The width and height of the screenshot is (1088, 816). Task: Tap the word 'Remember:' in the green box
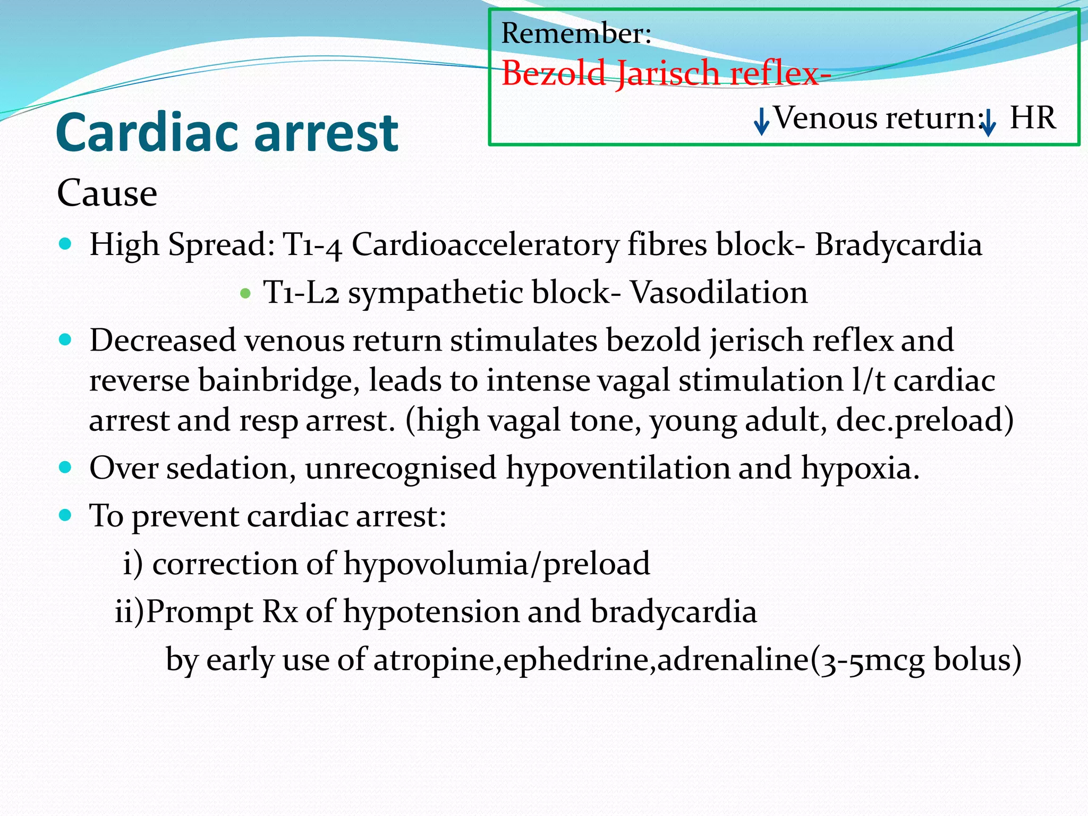576,33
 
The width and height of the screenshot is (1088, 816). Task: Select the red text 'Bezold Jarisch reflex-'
666,73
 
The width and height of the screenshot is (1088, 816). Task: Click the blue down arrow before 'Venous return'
761,121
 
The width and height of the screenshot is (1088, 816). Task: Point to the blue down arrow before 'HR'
988,123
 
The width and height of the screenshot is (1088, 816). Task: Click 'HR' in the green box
1032,118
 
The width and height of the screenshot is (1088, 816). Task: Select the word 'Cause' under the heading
107,193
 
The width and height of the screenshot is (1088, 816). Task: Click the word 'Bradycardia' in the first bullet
898,245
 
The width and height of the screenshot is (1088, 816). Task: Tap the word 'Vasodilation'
719,293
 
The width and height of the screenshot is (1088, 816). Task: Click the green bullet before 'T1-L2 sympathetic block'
245,293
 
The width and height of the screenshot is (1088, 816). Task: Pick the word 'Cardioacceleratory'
485,245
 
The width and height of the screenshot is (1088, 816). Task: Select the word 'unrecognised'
401,468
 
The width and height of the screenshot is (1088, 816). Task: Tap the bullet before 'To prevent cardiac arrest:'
65,515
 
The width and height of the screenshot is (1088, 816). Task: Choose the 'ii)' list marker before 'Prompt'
130,611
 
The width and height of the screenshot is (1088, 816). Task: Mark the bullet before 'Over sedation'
65,467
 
